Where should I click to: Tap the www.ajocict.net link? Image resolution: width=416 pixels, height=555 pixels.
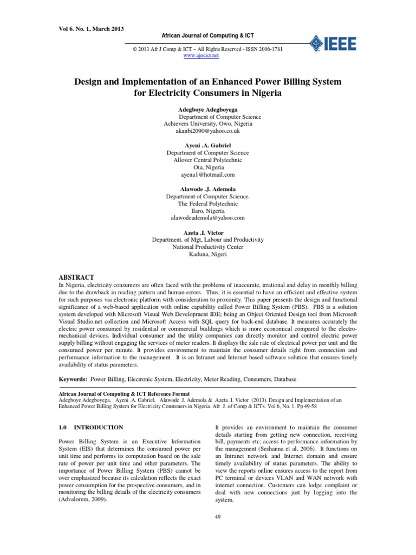tap(201, 56)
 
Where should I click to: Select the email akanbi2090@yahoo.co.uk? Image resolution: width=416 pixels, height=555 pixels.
tap(207, 131)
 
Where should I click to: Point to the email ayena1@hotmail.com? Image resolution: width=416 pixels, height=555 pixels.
tap(207, 175)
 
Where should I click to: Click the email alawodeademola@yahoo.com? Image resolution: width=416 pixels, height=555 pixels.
tap(207, 218)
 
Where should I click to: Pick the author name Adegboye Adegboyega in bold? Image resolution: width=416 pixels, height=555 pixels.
tap(207, 109)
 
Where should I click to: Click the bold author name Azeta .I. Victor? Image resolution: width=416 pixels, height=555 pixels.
tap(207, 233)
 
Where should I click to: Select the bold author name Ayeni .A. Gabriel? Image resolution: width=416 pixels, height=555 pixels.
tap(207, 146)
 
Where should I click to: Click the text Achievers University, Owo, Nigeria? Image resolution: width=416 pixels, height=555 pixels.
tap(207, 124)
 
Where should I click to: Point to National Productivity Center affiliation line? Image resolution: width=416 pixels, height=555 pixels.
tap(207, 247)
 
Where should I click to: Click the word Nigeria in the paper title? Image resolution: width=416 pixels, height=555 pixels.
tap(262, 93)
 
